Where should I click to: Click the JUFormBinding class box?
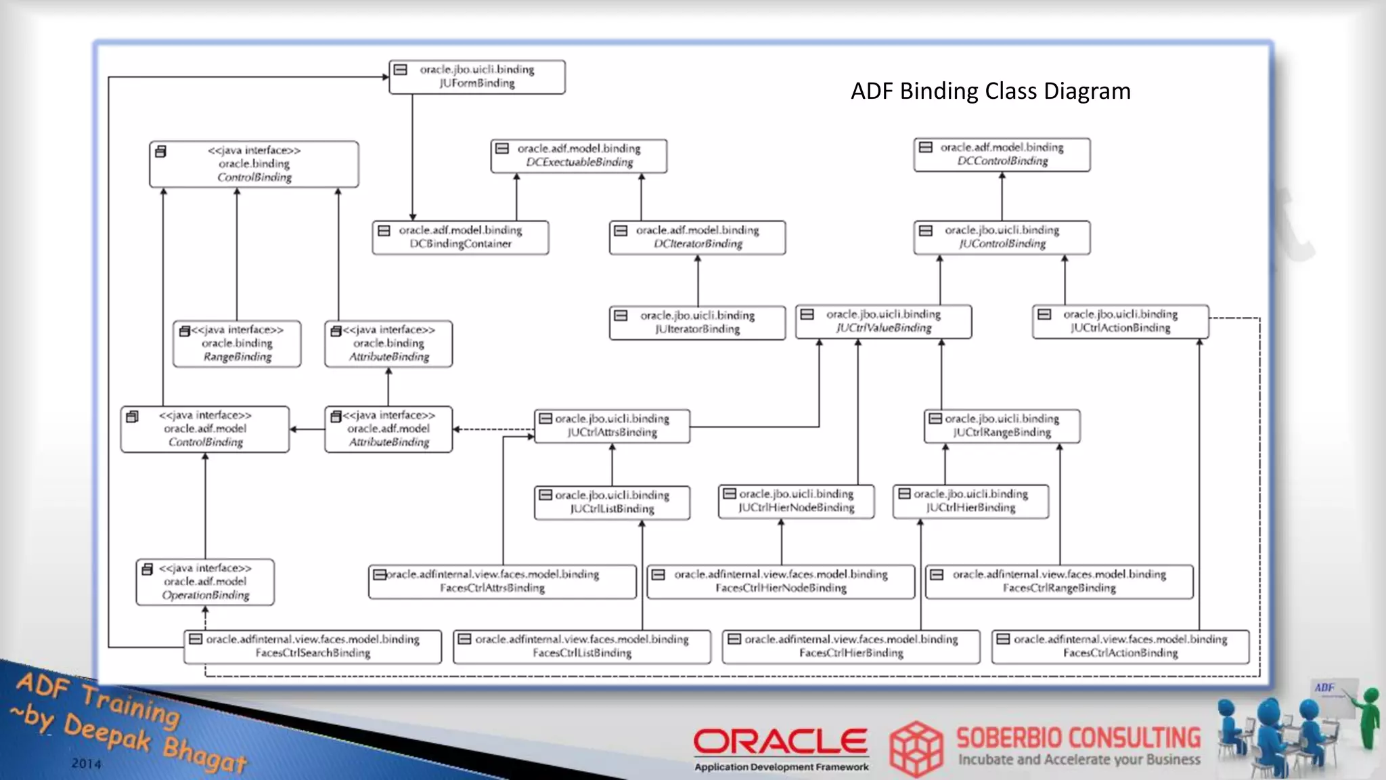[476, 77]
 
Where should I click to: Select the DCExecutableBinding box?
[579, 156]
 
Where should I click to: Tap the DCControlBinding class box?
[1002, 154]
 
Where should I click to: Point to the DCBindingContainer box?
[460, 237]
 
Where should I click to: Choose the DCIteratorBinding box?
[697, 237]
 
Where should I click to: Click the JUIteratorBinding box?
[697, 322]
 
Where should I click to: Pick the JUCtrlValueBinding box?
[883, 322]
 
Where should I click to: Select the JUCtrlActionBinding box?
[1120, 322]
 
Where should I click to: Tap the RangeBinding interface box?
[237, 344]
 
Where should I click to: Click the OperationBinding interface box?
[205, 582]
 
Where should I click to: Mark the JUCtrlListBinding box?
[612, 502]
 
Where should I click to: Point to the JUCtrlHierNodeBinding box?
[796, 501]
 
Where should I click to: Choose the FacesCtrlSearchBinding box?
[313, 647]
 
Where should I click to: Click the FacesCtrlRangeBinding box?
[1059, 582]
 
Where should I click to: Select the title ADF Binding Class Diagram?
[990, 91]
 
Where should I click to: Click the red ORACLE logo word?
[780, 741]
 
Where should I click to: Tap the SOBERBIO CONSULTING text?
[1078, 737]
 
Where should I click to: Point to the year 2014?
[87, 764]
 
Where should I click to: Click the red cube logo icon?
[916, 748]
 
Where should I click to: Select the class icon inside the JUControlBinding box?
[926, 231]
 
